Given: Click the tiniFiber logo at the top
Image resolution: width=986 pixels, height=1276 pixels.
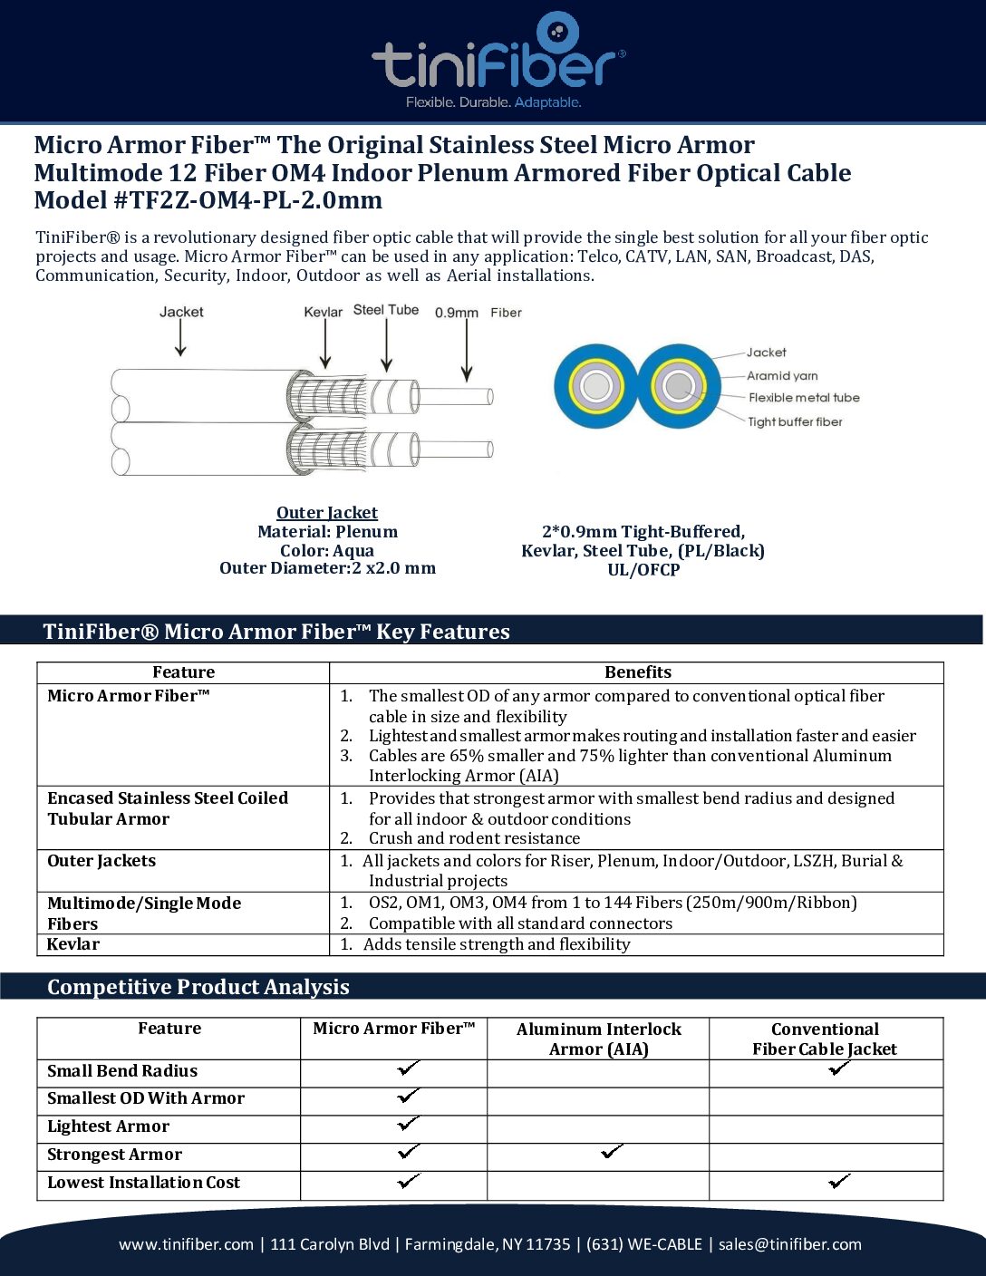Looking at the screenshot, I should click(498, 60).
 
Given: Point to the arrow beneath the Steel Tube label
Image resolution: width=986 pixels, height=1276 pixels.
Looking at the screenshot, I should click(387, 345).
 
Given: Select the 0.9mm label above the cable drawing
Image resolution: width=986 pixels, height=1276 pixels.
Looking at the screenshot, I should click(456, 313).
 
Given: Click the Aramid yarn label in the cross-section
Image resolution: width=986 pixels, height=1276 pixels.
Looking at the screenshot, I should click(781, 375).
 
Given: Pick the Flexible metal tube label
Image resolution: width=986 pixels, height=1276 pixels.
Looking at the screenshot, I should click(803, 398).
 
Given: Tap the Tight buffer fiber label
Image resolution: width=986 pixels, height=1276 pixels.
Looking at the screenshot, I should click(794, 421).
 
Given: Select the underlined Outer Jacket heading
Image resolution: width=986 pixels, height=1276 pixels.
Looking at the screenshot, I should click(327, 513).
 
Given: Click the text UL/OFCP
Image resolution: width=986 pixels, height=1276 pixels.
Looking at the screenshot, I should click(643, 570).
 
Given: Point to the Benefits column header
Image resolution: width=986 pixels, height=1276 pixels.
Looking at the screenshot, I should click(638, 672).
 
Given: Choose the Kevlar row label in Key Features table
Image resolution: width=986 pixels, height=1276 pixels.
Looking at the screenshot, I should click(73, 944).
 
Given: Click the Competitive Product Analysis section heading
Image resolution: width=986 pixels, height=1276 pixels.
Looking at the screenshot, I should click(198, 987).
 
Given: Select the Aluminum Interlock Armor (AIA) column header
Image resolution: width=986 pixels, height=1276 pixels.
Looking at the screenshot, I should click(598, 1039).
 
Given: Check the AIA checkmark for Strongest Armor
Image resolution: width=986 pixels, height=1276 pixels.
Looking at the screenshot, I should click(613, 1152).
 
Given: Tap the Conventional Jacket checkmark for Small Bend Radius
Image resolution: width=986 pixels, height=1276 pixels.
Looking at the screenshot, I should click(839, 1068).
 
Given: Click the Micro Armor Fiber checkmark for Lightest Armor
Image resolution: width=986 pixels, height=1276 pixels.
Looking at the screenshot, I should click(409, 1124).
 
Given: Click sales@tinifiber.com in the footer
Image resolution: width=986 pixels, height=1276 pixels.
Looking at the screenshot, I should click(790, 1244).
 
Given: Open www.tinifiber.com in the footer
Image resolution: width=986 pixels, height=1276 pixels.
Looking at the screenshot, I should click(186, 1244).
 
